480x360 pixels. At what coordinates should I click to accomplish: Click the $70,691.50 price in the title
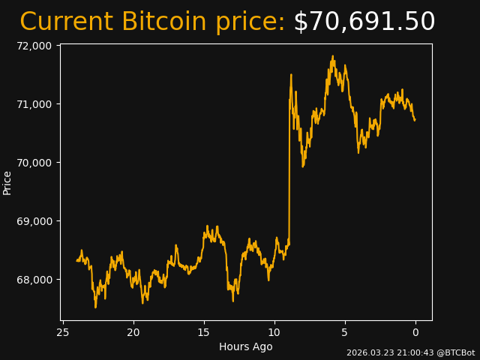click(364, 22)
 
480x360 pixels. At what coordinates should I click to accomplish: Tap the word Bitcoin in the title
click(164, 22)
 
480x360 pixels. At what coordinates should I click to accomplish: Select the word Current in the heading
click(67, 22)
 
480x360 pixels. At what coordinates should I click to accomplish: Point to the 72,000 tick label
click(33, 46)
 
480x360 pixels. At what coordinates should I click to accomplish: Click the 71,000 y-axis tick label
click(33, 104)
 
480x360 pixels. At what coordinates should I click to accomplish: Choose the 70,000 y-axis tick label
click(33, 163)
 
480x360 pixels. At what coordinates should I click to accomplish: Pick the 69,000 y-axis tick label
click(33, 221)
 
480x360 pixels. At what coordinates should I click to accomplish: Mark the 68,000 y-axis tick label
click(33, 280)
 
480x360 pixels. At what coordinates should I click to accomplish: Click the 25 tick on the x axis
click(63, 332)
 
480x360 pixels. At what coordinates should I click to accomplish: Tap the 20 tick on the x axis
click(133, 332)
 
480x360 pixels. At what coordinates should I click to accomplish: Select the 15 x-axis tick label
click(204, 332)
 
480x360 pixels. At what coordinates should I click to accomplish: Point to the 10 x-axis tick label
click(274, 332)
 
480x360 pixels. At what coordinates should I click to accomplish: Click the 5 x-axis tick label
click(345, 332)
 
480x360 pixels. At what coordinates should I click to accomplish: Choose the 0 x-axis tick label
click(415, 332)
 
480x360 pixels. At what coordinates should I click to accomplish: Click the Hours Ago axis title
click(246, 346)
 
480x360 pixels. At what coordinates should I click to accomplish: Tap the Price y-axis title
click(7, 183)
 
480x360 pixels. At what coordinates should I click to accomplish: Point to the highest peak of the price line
click(333, 56)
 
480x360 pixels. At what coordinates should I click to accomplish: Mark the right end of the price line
click(415, 120)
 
